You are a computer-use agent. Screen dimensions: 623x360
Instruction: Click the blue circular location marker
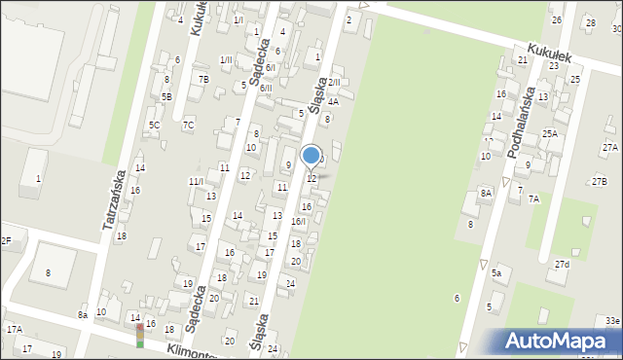click(311, 155)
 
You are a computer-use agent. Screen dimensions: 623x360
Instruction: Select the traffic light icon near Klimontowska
click(140, 335)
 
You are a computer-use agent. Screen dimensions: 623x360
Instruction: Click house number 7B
click(203, 80)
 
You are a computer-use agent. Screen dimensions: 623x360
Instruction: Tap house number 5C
click(154, 125)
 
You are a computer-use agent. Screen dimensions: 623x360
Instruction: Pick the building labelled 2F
click(5, 240)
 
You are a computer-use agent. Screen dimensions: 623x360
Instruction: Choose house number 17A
click(15, 330)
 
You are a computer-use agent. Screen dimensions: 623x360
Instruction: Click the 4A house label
click(333, 101)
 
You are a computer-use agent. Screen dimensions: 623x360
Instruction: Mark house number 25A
click(550, 133)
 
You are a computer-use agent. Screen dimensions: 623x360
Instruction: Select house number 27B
click(599, 182)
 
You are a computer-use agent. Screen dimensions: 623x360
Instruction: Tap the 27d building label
click(563, 264)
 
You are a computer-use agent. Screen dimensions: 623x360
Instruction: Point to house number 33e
click(611, 320)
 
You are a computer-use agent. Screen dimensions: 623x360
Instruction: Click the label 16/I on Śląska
click(298, 222)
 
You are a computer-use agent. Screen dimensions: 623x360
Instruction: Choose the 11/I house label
click(196, 182)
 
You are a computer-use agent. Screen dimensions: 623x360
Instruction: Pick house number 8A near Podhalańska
click(486, 194)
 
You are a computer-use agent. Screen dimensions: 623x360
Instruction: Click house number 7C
click(188, 125)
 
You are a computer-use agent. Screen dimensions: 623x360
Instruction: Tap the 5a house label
click(495, 273)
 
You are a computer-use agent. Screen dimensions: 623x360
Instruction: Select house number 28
click(589, 22)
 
